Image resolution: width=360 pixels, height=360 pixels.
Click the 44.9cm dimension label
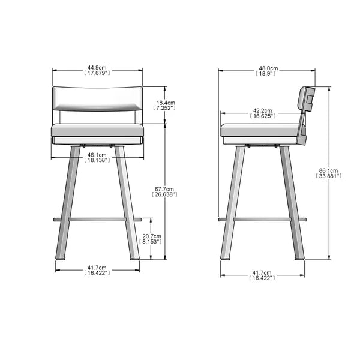coord(97,68)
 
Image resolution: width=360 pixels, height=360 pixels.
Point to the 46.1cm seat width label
coord(97,154)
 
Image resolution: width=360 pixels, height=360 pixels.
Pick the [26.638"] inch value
coord(165,194)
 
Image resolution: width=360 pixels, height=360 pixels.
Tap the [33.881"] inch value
coord(328,176)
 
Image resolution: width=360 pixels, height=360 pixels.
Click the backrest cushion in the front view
coord(97,98)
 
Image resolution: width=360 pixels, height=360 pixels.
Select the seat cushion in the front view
coord(97,130)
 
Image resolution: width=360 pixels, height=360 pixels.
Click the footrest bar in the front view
coord(97,220)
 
